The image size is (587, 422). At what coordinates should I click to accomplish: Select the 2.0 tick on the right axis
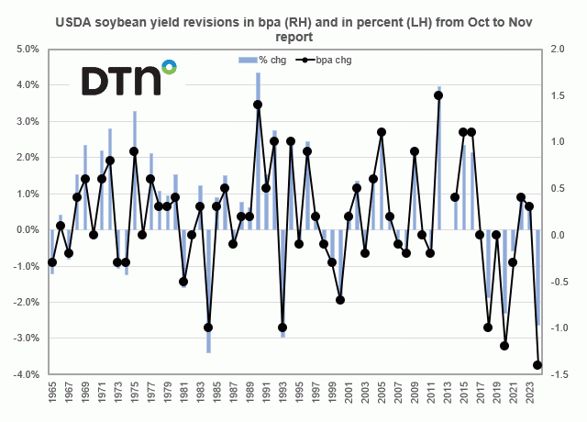(557, 49)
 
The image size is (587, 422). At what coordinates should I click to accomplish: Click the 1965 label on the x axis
(53, 395)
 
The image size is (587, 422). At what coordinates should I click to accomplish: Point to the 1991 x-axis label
(267, 395)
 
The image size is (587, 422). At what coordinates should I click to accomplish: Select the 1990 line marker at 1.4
(258, 105)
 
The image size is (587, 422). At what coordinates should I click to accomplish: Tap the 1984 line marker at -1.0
(208, 328)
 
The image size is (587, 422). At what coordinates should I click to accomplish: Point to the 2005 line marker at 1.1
(382, 132)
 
